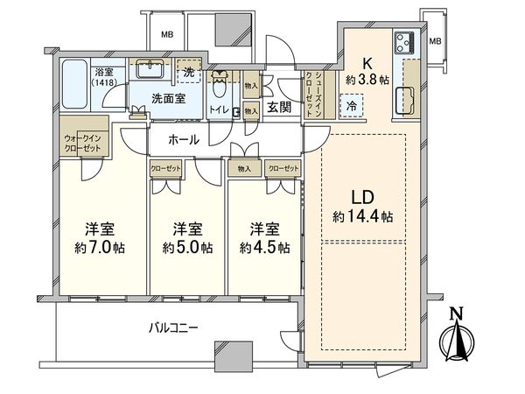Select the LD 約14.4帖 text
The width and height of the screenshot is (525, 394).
[362, 208]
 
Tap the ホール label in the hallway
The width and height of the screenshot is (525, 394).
[184, 140]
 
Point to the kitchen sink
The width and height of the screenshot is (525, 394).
[407, 102]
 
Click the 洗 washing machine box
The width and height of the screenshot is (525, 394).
[186, 69]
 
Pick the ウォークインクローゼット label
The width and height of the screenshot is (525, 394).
[83, 143]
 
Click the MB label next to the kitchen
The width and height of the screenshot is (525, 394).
[435, 40]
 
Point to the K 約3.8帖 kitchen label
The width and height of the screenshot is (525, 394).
[368, 70]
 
